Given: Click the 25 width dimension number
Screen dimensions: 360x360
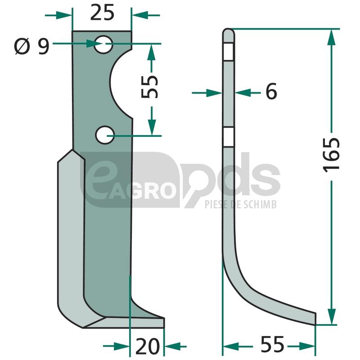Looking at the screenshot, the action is [x=102, y=13].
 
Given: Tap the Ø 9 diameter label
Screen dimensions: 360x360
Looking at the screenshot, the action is [x=32, y=46].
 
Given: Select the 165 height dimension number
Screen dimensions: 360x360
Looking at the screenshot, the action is [x=331, y=155].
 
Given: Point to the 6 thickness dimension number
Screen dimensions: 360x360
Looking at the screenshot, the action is [x=271, y=91].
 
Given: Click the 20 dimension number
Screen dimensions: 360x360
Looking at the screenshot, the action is [x=148, y=346].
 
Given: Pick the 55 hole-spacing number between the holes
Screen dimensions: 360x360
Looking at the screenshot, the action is [x=149, y=86].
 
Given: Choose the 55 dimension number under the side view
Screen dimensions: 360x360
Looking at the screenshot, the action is [x=272, y=344].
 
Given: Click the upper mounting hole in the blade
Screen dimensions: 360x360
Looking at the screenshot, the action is [x=103, y=44].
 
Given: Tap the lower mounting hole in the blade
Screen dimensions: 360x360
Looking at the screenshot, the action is [x=105, y=135].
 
